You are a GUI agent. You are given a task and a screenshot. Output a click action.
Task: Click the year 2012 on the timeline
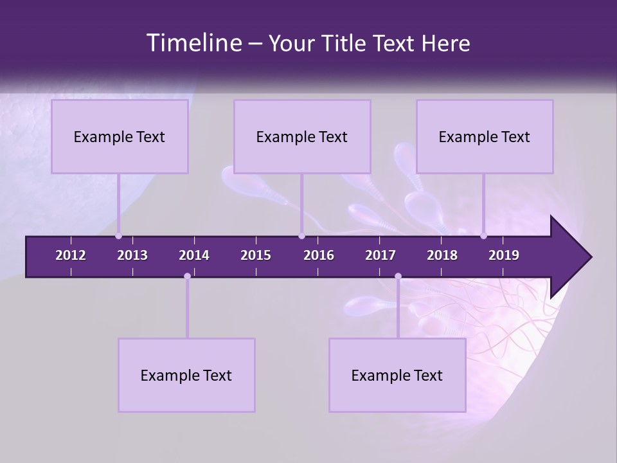tap(71, 255)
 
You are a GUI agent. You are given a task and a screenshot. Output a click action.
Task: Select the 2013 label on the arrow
tap(132, 255)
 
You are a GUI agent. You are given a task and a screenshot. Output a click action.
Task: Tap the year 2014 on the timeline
tap(194, 255)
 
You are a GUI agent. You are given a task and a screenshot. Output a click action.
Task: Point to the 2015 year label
tap(256, 255)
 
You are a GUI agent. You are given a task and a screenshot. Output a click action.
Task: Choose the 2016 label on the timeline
tap(319, 255)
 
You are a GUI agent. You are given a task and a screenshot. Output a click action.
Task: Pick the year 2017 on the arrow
tap(380, 255)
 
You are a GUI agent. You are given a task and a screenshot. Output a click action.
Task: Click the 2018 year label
tap(442, 255)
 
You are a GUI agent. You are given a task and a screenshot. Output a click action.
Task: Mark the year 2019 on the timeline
tap(504, 255)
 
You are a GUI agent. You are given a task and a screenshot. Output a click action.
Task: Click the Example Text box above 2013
tap(120, 137)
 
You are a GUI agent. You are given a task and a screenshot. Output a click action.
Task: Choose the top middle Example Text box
tap(302, 137)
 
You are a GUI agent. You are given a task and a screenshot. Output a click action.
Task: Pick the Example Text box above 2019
tap(485, 137)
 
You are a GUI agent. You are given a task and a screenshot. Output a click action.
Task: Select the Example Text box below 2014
tap(186, 376)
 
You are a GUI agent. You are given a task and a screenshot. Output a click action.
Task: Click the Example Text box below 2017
tap(397, 376)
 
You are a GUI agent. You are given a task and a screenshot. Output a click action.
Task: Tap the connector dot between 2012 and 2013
tap(118, 236)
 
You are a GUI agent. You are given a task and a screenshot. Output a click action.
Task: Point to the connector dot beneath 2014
tap(187, 277)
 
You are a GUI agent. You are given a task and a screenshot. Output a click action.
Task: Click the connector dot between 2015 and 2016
tap(301, 236)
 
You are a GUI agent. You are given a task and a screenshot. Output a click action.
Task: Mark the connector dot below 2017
tap(398, 277)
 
